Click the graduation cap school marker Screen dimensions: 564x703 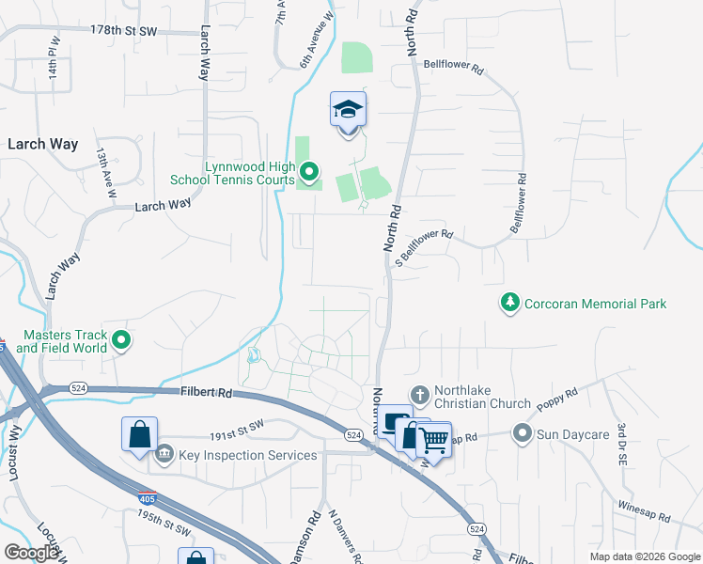coord(348,111)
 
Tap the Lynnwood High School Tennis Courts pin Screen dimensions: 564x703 coord(309,172)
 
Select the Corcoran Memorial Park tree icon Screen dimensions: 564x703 coord(509,303)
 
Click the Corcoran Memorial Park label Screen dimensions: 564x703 coord(595,304)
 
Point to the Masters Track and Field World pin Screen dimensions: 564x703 coord(121,340)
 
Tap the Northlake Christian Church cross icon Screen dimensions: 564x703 coord(419,395)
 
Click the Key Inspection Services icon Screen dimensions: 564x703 coord(164,455)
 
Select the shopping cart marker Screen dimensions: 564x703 coord(432,438)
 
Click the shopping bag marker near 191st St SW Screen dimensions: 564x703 coord(139,435)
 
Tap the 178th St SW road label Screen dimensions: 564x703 coord(124,30)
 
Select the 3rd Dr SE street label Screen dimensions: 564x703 coord(622,445)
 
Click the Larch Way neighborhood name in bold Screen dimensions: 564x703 coord(42,145)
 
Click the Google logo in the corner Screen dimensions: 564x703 coord(32,553)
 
